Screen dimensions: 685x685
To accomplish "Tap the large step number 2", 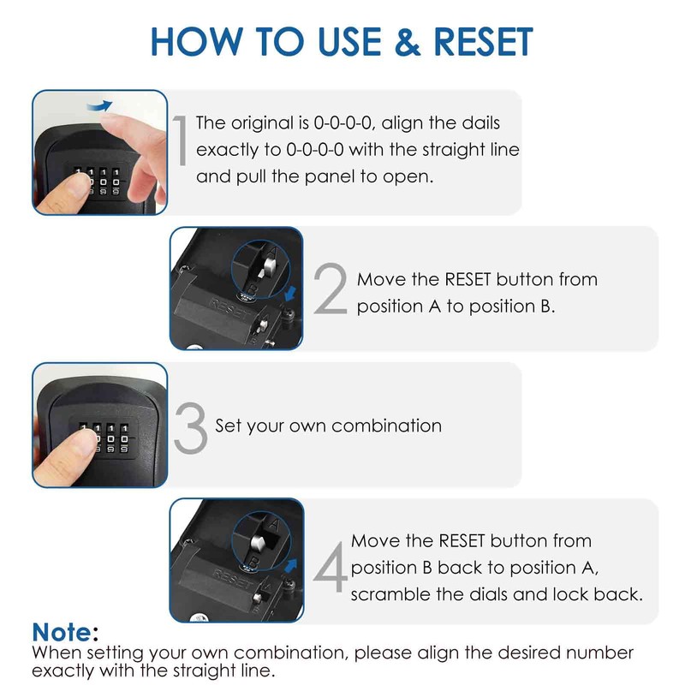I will coord(329,290).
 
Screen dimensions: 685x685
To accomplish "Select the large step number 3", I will coord(189,426).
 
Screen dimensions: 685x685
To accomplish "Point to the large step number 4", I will coord(330,565).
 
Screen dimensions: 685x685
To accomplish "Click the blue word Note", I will coord(62,632).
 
